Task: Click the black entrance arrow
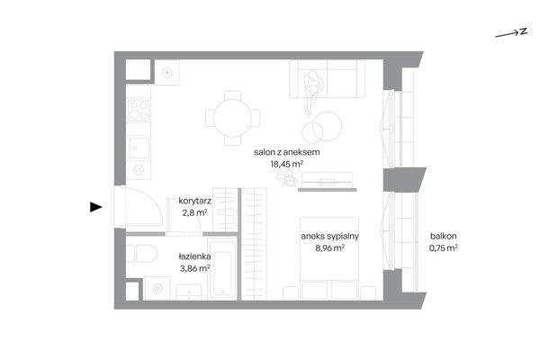click(95, 207)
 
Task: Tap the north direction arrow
click(511, 32)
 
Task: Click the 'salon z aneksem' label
click(286, 152)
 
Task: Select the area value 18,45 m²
click(286, 164)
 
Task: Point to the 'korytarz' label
click(194, 201)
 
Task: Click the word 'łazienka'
click(194, 256)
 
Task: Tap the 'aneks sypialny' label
click(330, 236)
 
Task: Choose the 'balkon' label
click(443, 236)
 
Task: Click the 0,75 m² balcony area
click(443, 247)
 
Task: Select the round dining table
click(232, 118)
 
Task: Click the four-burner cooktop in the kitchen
click(139, 110)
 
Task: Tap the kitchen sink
click(139, 148)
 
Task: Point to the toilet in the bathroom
click(142, 253)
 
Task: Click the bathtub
click(222, 270)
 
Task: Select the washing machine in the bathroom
click(157, 288)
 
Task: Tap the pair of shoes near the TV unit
click(287, 178)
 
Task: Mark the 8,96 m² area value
click(330, 247)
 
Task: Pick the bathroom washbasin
click(189, 292)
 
